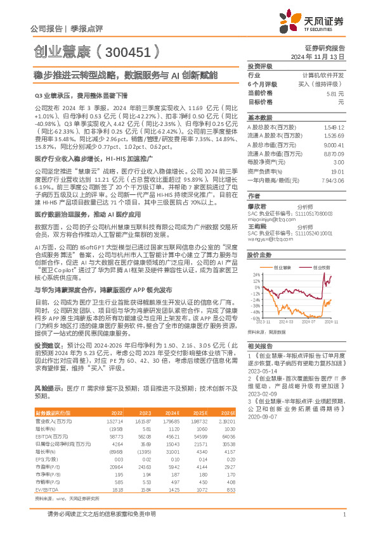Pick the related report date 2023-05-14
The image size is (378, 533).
[x=261, y=372]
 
